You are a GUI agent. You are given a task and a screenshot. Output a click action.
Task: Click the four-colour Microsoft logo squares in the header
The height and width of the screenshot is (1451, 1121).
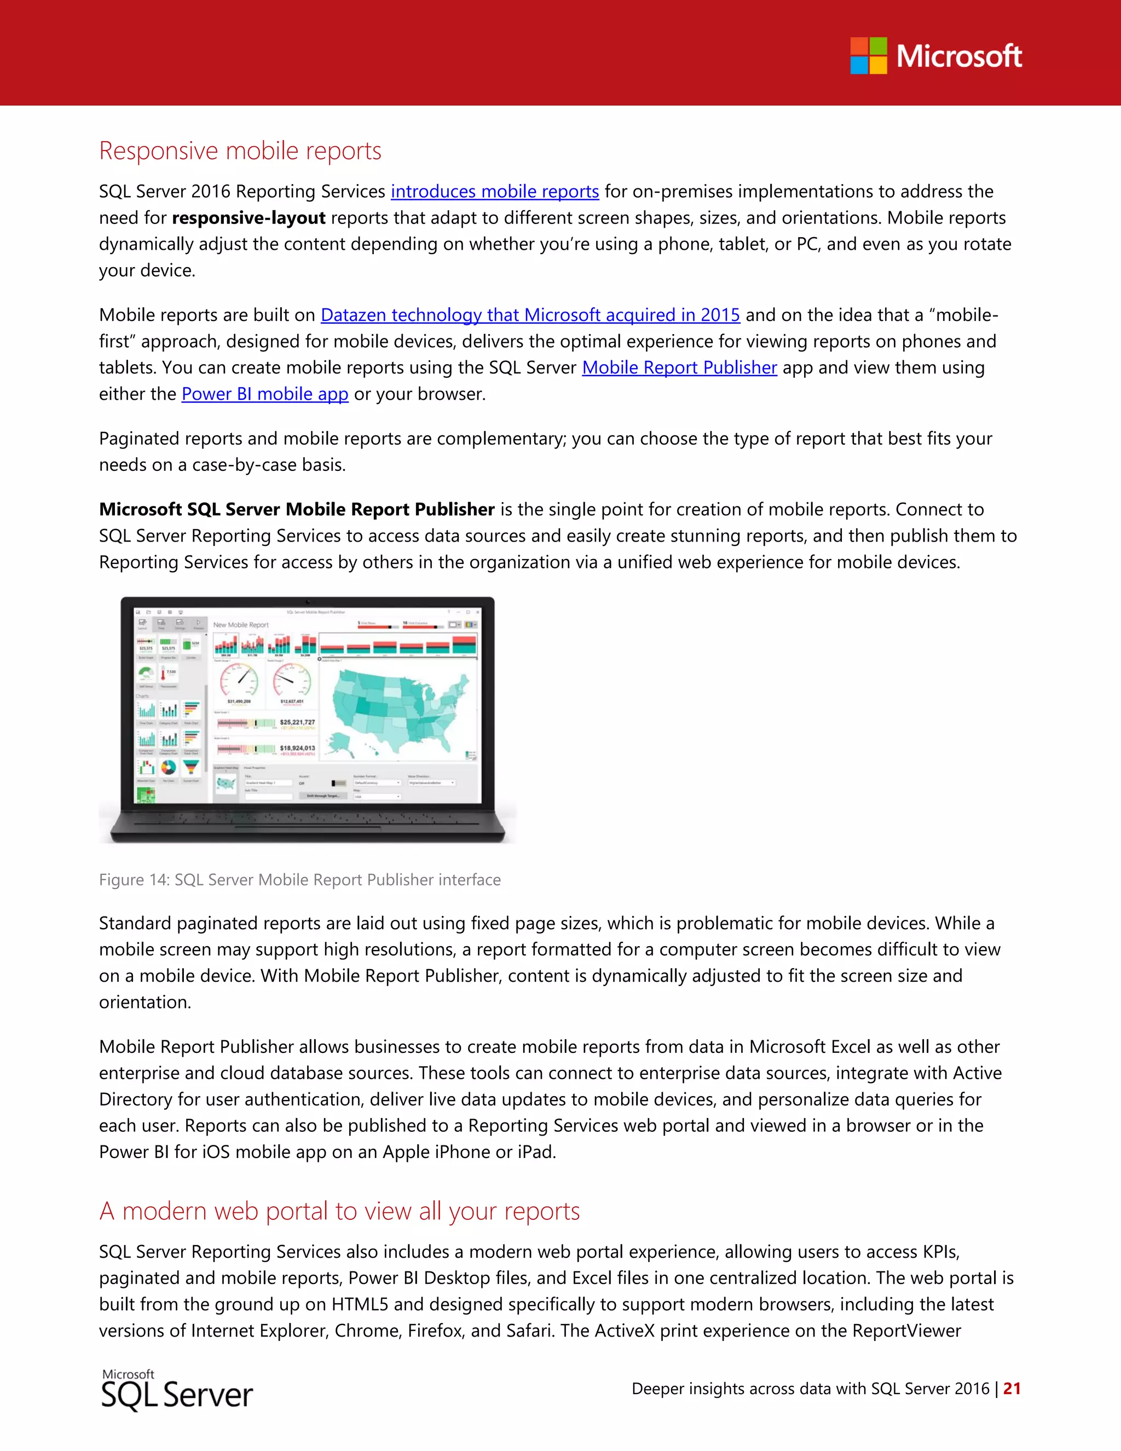pyautogui.click(x=868, y=56)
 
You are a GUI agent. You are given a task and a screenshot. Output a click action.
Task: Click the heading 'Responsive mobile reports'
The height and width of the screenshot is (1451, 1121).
pyautogui.click(x=240, y=151)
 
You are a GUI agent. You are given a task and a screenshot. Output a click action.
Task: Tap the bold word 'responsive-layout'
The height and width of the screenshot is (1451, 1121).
pyautogui.click(x=249, y=218)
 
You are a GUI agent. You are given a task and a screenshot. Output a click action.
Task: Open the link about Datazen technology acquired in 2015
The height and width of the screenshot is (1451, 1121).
pyautogui.click(x=530, y=315)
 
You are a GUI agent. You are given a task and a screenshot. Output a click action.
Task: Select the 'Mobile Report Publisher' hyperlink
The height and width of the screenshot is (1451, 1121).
pyautogui.click(x=679, y=367)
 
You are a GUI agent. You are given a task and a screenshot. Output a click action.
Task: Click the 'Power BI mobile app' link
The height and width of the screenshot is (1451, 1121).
pyautogui.click(x=264, y=394)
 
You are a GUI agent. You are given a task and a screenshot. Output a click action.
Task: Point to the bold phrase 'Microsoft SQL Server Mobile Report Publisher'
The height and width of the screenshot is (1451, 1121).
pyautogui.click(x=296, y=510)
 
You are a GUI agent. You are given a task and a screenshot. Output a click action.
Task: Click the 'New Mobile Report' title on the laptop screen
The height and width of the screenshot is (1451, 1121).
pyautogui.click(x=240, y=625)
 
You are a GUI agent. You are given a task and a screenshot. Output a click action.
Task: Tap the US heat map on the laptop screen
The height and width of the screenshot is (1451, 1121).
pyautogui.click(x=398, y=711)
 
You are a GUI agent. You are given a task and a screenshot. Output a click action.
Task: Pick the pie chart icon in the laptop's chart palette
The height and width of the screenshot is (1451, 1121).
pyautogui.click(x=169, y=767)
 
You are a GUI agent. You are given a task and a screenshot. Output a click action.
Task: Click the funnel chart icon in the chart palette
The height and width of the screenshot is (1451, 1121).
pyautogui.click(x=191, y=767)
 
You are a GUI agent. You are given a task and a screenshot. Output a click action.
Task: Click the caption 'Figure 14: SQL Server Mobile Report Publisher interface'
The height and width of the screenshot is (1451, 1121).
pyautogui.click(x=299, y=880)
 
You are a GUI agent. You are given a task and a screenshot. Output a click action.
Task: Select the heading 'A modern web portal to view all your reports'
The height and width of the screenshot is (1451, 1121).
pyautogui.click(x=339, y=1211)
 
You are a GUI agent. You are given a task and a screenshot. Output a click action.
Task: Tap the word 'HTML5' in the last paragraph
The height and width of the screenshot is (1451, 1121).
pyautogui.click(x=359, y=1304)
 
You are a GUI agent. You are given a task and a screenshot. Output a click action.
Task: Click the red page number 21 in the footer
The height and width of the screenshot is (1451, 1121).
pyautogui.click(x=1012, y=1389)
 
